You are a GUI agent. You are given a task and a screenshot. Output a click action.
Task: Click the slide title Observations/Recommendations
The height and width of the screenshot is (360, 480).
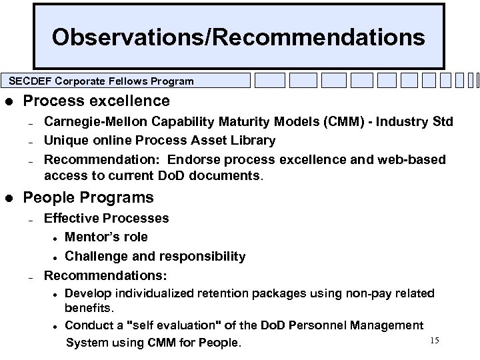tap(239, 37)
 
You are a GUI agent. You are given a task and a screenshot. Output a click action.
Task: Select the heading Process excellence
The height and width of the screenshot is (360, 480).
tap(97, 101)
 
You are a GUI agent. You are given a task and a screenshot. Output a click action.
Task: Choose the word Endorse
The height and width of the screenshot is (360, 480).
tap(195, 159)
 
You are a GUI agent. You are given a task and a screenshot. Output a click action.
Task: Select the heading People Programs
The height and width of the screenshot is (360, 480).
tap(89, 197)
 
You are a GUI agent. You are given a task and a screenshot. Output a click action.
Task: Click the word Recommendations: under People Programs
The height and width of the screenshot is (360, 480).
tap(105, 275)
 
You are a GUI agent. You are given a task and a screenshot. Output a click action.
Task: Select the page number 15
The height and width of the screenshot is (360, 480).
tap(435, 341)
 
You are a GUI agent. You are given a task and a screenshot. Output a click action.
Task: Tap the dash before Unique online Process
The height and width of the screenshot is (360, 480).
tap(31, 141)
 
